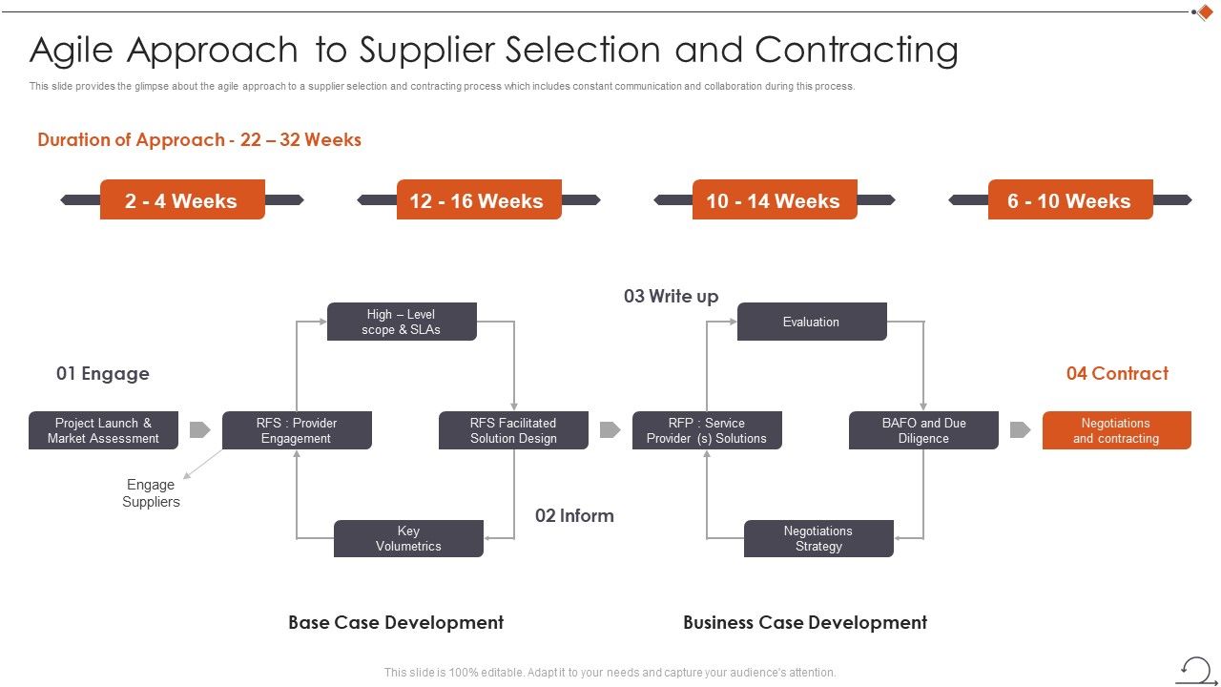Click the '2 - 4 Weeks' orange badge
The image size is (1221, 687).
pyautogui.click(x=182, y=200)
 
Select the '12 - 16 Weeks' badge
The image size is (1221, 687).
pyautogui.click(x=478, y=200)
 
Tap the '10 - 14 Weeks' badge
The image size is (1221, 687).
pyautogui.click(x=774, y=200)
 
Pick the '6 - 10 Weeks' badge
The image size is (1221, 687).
pyautogui.click(x=1069, y=200)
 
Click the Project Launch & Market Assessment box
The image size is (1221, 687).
pyautogui.click(x=104, y=430)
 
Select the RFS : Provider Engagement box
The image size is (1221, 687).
pyautogui.click(x=297, y=430)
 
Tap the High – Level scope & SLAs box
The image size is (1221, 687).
pyautogui.click(x=402, y=322)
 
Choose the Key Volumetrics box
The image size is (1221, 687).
pyautogui.click(x=408, y=539)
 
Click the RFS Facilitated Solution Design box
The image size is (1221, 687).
pyautogui.click(x=513, y=430)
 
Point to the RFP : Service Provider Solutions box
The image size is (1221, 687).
pyautogui.click(x=707, y=430)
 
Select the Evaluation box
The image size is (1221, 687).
pyautogui.click(x=812, y=322)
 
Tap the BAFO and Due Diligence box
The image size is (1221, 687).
pyautogui.click(x=923, y=430)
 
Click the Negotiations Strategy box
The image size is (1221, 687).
pyautogui.click(x=818, y=539)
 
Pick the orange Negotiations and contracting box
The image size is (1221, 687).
pyautogui.click(x=1116, y=430)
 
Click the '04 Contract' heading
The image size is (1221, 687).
pyautogui.click(x=1117, y=373)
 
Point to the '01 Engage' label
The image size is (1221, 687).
pyautogui.click(x=103, y=373)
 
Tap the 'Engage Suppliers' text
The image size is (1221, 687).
pyautogui.click(x=152, y=493)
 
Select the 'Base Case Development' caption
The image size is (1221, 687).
pyautogui.click(x=396, y=622)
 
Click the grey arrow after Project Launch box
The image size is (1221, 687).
pyautogui.click(x=199, y=430)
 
